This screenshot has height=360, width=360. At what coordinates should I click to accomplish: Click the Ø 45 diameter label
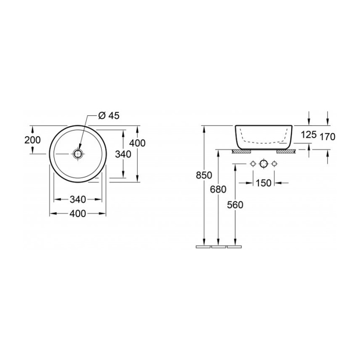pyautogui.click(x=108, y=116)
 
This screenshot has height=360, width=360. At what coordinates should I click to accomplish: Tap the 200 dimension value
pyautogui.click(x=33, y=140)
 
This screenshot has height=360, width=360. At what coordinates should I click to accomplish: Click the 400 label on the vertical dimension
pyautogui.click(x=137, y=143)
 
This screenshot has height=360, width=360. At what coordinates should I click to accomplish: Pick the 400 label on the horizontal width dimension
pyautogui.click(x=78, y=214)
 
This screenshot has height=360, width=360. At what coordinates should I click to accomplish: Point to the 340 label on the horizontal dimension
pyautogui.click(x=78, y=199)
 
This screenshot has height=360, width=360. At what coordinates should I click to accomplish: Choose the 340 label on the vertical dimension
pyautogui.click(x=123, y=154)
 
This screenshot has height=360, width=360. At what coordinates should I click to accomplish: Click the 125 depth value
pyautogui.click(x=309, y=135)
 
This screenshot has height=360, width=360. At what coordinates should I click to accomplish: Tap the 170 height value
pyautogui.click(x=327, y=137)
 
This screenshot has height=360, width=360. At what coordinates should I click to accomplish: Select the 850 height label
pyautogui.click(x=204, y=175)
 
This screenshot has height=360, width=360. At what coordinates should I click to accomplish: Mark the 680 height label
pyautogui.click(x=218, y=189)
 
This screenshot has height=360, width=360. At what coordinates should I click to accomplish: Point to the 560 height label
pyautogui.click(x=235, y=205)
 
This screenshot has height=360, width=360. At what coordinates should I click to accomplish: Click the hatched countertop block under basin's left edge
pyautogui.click(x=239, y=151)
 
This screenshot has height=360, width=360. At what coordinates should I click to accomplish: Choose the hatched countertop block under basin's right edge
pyautogui.click(x=286, y=151)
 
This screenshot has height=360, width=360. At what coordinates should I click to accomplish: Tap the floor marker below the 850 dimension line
pyautogui.click(x=204, y=247)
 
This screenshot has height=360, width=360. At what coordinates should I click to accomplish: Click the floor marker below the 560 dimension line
pyautogui.click(x=235, y=247)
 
